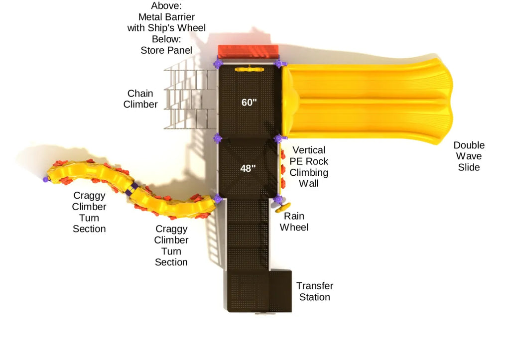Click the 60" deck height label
pos(249,103)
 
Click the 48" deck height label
pos(248,168)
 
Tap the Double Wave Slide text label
pos(469,156)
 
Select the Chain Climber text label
pos(140,99)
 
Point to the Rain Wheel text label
pos(294,222)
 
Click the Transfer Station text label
pos(314,291)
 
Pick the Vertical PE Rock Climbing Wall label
pos(309,166)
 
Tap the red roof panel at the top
pos(248,51)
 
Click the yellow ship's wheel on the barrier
pos(249,69)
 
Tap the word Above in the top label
pos(166,6)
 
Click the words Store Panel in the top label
pos(166,50)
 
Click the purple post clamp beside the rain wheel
pos(278,199)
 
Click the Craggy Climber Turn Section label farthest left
pos(89,212)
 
